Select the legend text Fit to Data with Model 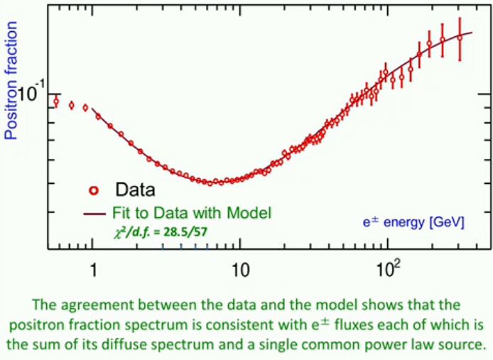point(192,212)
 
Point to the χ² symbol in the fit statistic point(117,231)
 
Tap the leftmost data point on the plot point(56,102)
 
